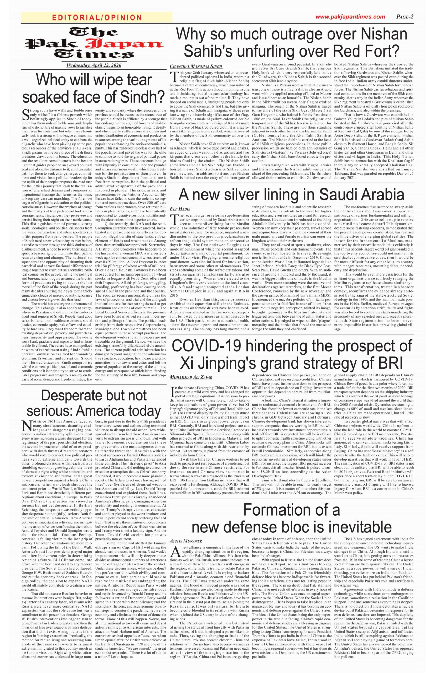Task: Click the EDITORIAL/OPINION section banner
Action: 97,18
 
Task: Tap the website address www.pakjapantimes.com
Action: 350,17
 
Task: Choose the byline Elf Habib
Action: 180,209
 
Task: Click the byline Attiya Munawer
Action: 186,541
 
